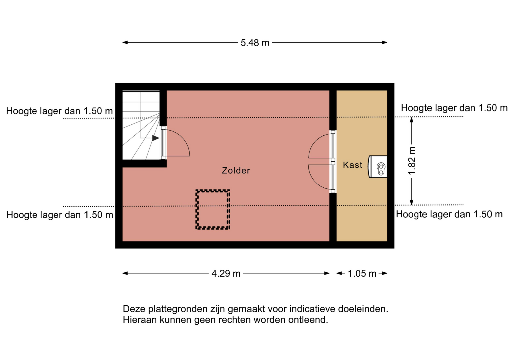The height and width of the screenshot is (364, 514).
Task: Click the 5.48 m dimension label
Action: (255, 43)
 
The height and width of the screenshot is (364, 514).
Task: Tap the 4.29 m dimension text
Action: (226, 273)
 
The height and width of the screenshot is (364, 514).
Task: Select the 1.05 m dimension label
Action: (362, 273)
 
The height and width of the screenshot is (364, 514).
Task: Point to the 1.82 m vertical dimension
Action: (411, 161)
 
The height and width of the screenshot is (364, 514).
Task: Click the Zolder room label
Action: (236, 170)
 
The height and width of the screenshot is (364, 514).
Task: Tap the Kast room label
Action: (353, 165)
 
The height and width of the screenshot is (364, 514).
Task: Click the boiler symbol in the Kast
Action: (378, 167)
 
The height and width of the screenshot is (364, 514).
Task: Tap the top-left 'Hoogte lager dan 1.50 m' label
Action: (59, 111)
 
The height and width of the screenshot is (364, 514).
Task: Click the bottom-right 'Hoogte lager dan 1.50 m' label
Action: (449, 214)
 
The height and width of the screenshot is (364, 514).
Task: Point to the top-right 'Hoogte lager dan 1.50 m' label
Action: (454, 108)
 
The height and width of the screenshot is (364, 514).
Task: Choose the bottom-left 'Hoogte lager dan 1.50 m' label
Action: (60, 215)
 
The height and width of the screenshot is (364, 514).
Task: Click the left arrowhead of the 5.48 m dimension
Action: (125, 42)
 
